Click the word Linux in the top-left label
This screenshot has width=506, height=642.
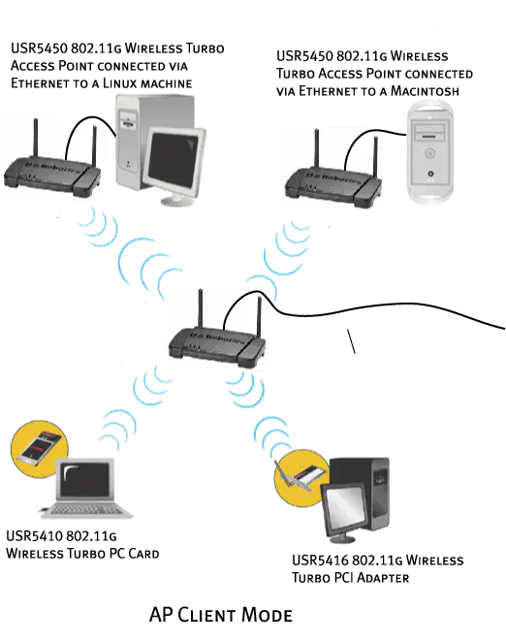(x=120, y=83)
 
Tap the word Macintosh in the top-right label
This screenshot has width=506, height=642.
(x=425, y=90)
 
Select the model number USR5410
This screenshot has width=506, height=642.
(x=34, y=535)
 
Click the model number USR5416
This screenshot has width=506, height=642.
(x=320, y=560)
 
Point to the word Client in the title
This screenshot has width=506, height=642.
(x=206, y=615)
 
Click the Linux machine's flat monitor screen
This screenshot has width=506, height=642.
(x=174, y=160)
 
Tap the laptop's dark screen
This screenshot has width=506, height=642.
(x=85, y=479)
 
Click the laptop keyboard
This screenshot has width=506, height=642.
(x=86, y=510)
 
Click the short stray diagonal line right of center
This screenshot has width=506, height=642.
(x=351, y=340)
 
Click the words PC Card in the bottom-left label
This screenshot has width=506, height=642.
(x=135, y=553)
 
